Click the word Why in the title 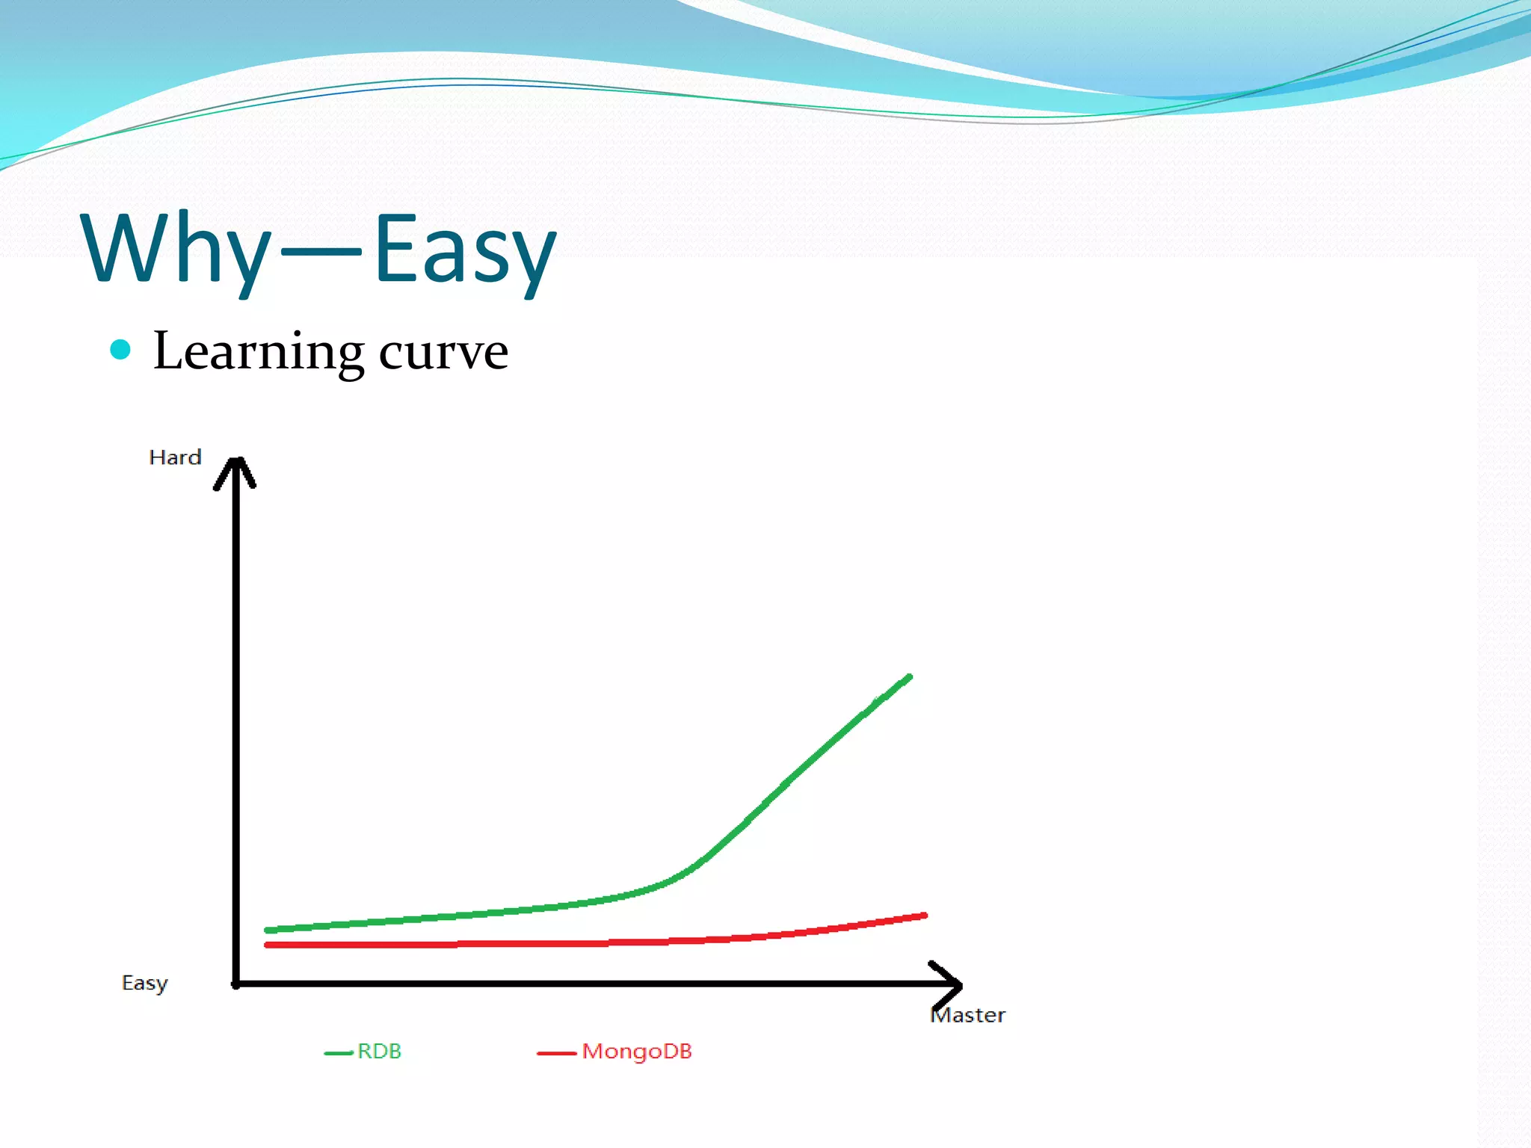pos(176,248)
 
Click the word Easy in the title pos(464,248)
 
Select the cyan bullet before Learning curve pos(120,349)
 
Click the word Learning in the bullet pos(259,351)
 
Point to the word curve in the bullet pos(443,352)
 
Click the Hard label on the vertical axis pos(175,457)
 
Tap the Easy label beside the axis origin pos(144,983)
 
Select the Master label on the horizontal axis pos(968,1015)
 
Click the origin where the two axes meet pos(236,984)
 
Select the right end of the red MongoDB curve pos(924,916)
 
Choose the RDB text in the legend pos(379,1052)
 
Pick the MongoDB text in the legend pos(637,1052)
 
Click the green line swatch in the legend pos(338,1053)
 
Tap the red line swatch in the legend pos(556,1053)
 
